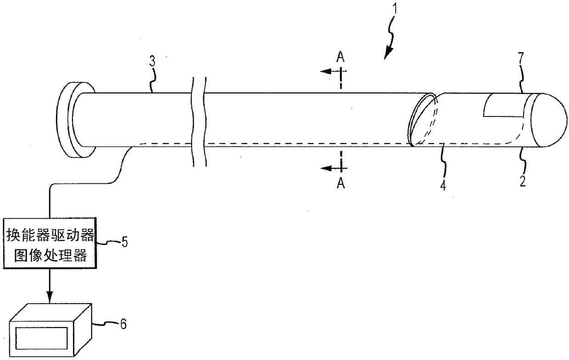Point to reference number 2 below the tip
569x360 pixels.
(523, 178)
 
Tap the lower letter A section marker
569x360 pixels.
(340, 183)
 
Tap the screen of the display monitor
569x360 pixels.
(42, 338)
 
